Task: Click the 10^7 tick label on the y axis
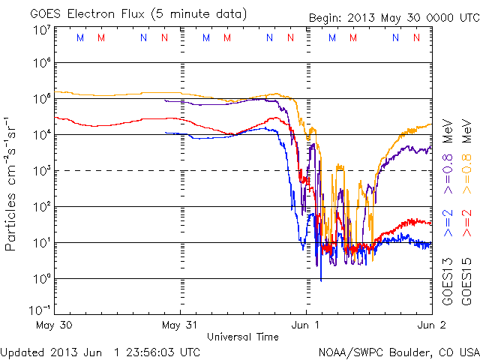[40, 29]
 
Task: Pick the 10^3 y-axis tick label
[40, 172]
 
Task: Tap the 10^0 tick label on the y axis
[40, 279]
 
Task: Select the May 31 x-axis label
[180, 325]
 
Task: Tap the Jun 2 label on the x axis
[431, 325]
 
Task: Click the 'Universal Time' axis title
[243, 337]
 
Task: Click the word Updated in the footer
[23, 351]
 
